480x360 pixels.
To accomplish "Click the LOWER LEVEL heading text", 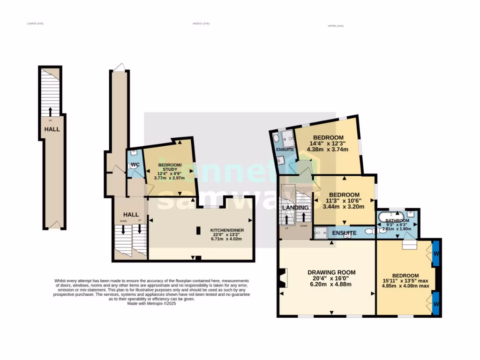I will [x=35, y=23].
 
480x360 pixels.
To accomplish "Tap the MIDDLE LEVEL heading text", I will [x=201, y=23].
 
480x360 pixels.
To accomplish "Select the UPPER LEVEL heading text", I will [x=336, y=26].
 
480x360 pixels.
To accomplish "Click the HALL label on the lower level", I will [x=52, y=129].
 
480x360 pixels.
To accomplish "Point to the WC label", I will [x=135, y=165].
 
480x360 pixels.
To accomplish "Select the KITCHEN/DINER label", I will [x=227, y=230].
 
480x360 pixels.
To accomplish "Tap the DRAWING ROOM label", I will [x=331, y=272].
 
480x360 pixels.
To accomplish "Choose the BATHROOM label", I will [x=397, y=221].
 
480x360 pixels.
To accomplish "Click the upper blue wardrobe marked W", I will [x=436, y=254].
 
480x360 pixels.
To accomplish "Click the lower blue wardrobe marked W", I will [x=436, y=303].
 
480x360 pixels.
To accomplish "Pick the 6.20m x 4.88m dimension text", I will [x=331, y=284].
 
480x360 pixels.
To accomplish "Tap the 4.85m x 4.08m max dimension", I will [x=405, y=285].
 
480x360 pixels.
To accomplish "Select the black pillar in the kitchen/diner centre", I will [x=198, y=230].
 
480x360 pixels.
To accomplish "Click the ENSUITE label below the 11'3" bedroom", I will [x=345, y=233].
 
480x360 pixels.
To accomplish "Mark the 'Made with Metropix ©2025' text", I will [x=151, y=303].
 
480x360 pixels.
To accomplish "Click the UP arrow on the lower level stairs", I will [x=50, y=112].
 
